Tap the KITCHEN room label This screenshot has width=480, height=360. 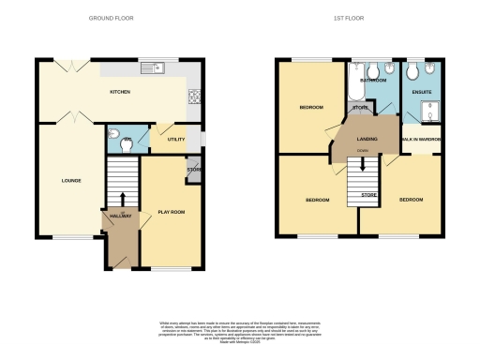(x=120, y=92)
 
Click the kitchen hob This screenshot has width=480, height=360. (x=196, y=95)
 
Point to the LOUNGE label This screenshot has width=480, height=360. (x=71, y=180)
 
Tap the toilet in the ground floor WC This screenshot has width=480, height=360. (x=114, y=133)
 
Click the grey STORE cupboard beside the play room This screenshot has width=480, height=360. (x=194, y=172)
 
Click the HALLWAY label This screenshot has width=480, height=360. (x=119, y=217)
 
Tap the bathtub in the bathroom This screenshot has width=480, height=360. (x=355, y=88)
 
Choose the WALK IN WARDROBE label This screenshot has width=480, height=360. (x=421, y=140)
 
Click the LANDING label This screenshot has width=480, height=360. (x=367, y=139)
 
